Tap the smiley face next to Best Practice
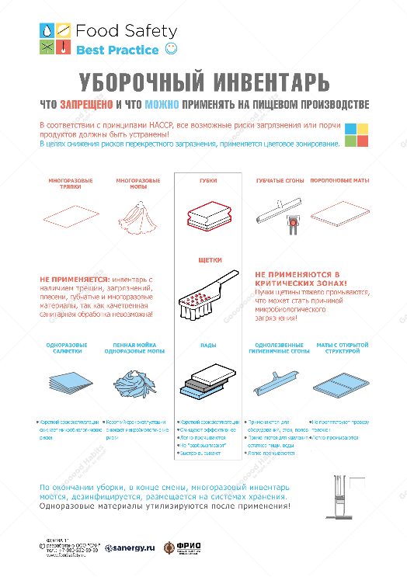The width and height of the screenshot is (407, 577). tap(172, 50)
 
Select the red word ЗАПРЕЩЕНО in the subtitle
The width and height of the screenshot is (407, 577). tap(87, 103)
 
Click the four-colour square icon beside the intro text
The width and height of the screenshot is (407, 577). tap(357, 134)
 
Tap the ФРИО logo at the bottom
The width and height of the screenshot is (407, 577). tap(183, 547)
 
